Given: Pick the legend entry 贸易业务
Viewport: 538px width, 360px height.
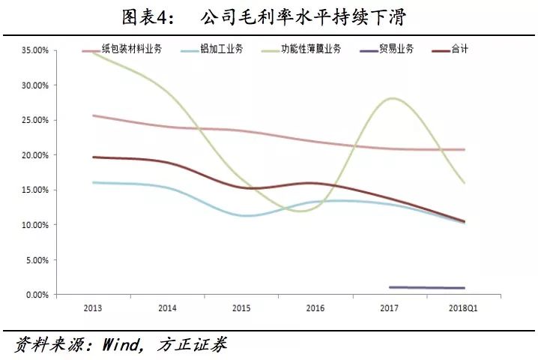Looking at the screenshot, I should point(396,49).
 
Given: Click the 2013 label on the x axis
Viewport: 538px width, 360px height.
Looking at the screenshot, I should point(93,308).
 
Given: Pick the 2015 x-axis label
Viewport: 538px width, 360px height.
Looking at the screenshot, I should point(241,308).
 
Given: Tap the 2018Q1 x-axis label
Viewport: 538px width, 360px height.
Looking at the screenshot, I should point(463,308).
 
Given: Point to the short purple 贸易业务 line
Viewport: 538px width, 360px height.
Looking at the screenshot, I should point(427,287).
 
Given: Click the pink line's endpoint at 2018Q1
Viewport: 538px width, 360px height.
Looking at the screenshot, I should point(464,150).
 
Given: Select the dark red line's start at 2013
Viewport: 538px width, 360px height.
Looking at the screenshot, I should point(92,157).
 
